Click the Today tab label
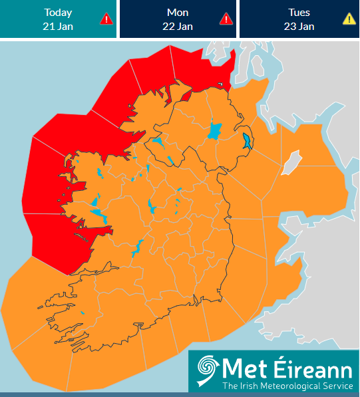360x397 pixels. pos(58,12)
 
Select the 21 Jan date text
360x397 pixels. pos(58,26)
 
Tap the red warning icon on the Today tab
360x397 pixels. pos(106,19)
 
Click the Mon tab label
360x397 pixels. pos(178,12)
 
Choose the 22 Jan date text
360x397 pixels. pos(178,26)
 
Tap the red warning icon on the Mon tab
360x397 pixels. pos(226,19)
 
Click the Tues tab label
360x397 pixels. pos(299,12)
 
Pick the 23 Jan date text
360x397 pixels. pos(299,26)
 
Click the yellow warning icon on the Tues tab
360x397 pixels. pos(349,19)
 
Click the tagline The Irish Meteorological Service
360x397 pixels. pos(287,386)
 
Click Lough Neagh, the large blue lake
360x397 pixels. pos(214,130)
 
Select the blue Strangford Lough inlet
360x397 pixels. pos(247,141)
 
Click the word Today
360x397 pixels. pos(58,12)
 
